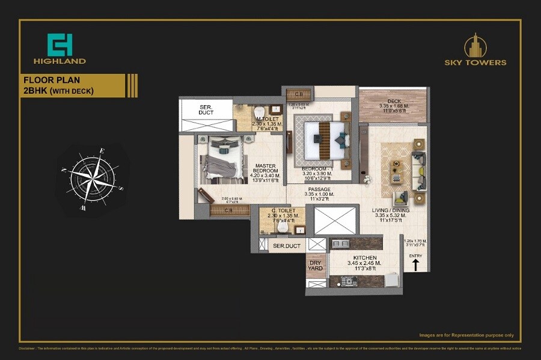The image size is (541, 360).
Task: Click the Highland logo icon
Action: pyautogui.click(x=59, y=44)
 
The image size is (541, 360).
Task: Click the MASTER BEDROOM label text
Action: pyautogui.click(x=265, y=169)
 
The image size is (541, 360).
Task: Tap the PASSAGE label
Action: pyautogui.click(x=317, y=189)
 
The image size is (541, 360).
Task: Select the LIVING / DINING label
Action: pyautogui.click(x=391, y=211)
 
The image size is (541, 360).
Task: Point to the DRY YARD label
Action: pyautogui.click(x=316, y=265)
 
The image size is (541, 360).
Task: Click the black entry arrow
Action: pyautogui.click(x=415, y=265)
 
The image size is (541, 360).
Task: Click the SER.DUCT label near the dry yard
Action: pyautogui.click(x=286, y=246)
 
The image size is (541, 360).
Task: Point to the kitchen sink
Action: pyautogui.click(x=340, y=243)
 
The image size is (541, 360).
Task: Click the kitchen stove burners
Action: pyautogui.click(x=349, y=280)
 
